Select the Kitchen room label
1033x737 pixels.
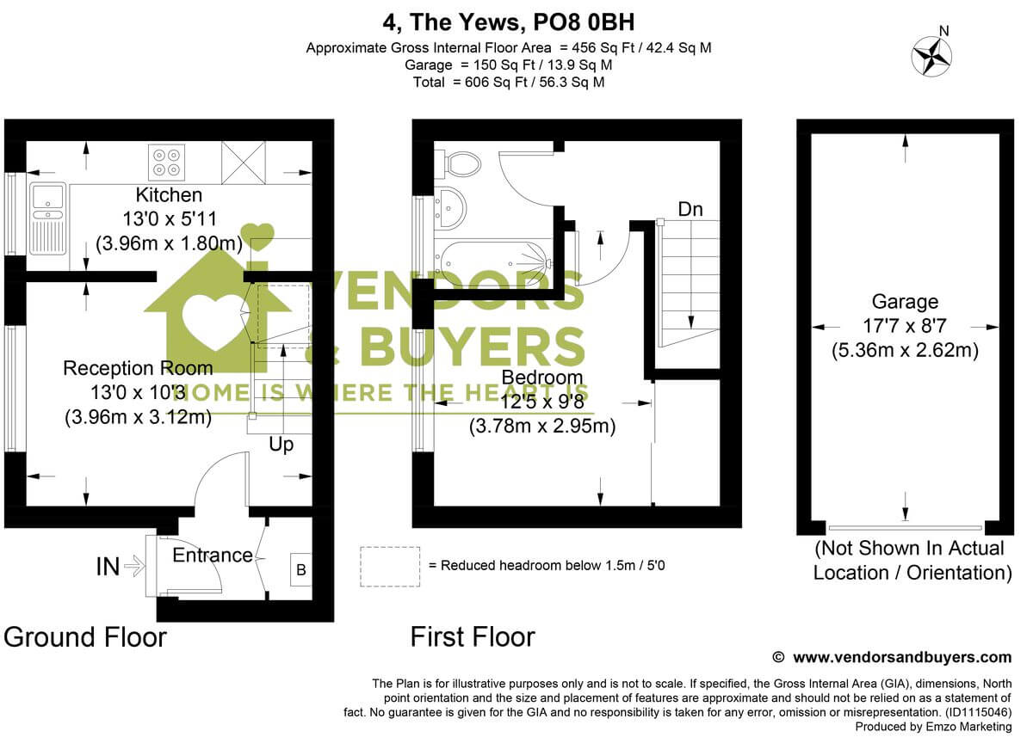click(x=169, y=195)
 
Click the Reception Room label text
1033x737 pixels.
click(x=138, y=369)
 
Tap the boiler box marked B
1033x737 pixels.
click(x=300, y=569)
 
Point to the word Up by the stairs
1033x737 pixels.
click(x=281, y=445)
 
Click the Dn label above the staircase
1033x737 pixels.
click(x=690, y=209)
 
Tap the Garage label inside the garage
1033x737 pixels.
click(x=905, y=302)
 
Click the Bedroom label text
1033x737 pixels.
click(x=541, y=377)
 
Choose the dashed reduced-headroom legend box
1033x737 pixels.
click(x=390, y=566)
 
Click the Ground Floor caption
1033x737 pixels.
click(x=85, y=637)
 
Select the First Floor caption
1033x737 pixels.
click(x=473, y=637)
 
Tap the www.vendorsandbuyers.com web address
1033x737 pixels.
click(x=901, y=657)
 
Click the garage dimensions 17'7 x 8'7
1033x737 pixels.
click(x=905, y=326)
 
